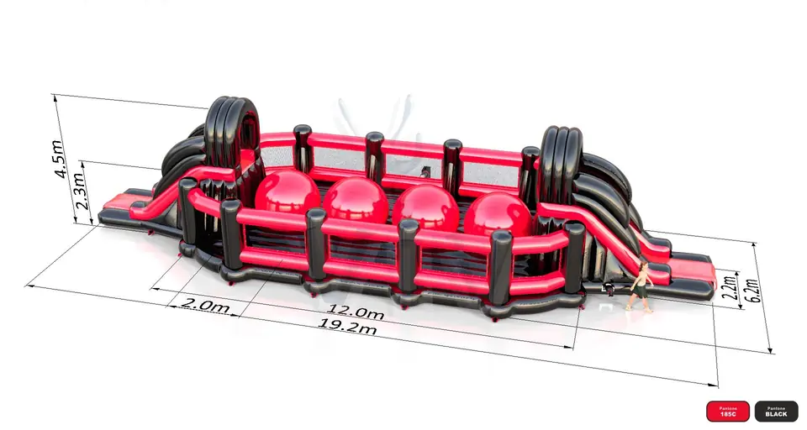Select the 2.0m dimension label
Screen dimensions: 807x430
pos(205,305)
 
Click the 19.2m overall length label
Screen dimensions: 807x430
pos(347,326)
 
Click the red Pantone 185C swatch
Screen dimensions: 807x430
pos(728,412)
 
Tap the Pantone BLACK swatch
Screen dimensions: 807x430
pos(776,412)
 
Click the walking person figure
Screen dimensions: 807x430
pos(640,286)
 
